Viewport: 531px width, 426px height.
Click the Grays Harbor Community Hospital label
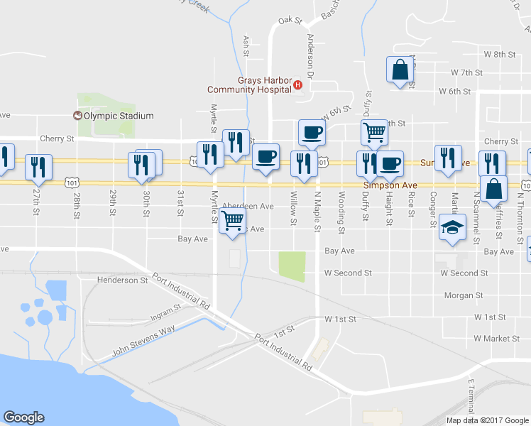(248, 85)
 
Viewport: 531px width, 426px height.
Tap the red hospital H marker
(298, 86)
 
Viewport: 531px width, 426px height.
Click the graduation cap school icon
(451, 226)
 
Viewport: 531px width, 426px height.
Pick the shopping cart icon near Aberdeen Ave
(233, 222)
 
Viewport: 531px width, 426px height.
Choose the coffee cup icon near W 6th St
(312, 131)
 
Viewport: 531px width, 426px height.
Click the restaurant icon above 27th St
(38, 167)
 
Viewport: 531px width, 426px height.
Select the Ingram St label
(166, 310)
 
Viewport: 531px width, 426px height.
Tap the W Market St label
(498, 338)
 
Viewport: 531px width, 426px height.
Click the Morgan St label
(464, 295)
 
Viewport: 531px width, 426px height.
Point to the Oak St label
(285, 21)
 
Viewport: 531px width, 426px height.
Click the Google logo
(23, 417)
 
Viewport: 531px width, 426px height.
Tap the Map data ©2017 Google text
(486, 420)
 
